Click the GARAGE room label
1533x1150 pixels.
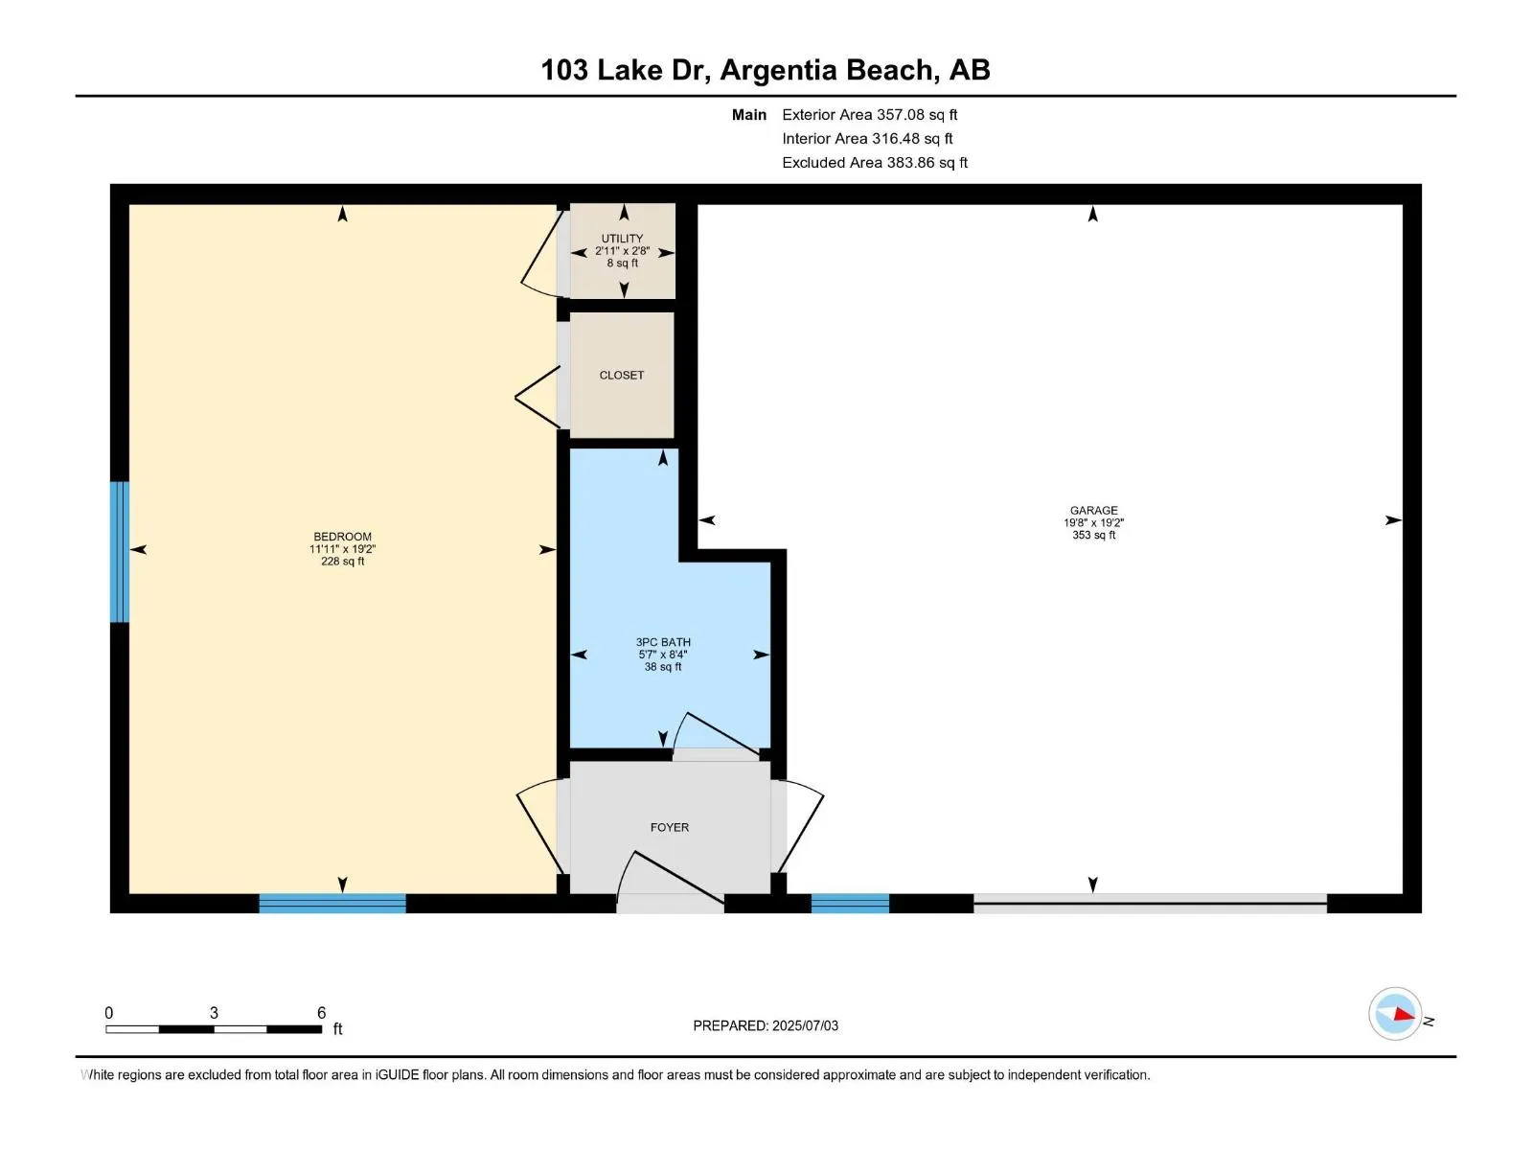tap(1093, 511)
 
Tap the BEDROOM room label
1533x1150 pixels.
tap(342, 537)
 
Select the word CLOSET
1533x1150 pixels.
tap(621, 375)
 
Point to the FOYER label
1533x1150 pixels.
tap(669, 827)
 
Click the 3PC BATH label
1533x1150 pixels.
tap(663, 642)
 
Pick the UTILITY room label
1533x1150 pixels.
tap(622, 239)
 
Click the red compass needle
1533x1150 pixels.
tap(1404, 1014)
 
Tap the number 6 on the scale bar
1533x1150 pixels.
tap(321, 1012)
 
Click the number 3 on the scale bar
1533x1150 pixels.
tap(214, 1012)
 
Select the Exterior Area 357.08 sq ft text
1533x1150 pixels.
tap(870, 114)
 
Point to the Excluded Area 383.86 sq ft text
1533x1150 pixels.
tap(875, 163)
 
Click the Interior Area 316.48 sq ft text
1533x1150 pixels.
tap(867, 138)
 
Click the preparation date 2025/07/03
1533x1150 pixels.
tap(805, 1025)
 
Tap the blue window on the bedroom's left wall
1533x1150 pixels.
tap(120, 552)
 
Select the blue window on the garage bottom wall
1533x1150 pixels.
tap(849, 903)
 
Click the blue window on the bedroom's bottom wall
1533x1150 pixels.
tap(332, 903)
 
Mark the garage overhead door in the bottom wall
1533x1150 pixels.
tap(1150, 903)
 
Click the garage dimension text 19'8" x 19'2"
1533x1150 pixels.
tap(1093, 523)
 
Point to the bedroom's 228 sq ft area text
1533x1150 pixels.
tap(342, 562)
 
